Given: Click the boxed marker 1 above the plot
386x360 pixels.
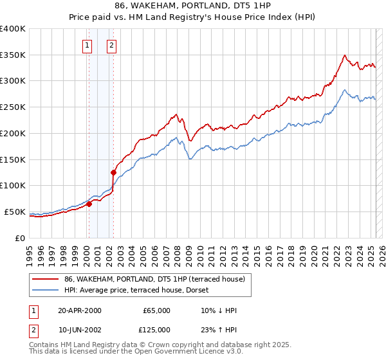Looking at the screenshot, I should (x=87, y=45).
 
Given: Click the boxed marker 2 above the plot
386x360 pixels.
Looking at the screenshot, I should (x=111, y=45).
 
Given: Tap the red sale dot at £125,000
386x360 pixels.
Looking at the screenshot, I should (x=113, y=172).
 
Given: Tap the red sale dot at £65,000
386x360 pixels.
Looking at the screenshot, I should (x=89, y=204).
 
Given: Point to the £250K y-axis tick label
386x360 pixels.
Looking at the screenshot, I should (x=12, y=107).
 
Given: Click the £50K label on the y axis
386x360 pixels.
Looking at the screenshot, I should (x=15, y=212).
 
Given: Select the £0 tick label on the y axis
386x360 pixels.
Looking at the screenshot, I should (x=21, y=238).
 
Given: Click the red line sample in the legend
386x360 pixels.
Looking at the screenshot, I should (x=46, y=280).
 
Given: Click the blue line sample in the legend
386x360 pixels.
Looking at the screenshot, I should (x=46, y=290).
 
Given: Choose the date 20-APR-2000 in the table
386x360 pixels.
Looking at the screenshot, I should (x=79, y=310).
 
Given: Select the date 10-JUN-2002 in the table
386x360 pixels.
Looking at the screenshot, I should (x=79, y=330).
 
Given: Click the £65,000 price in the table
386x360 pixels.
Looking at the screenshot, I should (x=156, y=310).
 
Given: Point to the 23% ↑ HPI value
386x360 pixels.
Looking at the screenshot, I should (x=219, y=330).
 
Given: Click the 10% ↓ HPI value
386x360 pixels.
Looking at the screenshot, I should (x=219, y=310).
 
